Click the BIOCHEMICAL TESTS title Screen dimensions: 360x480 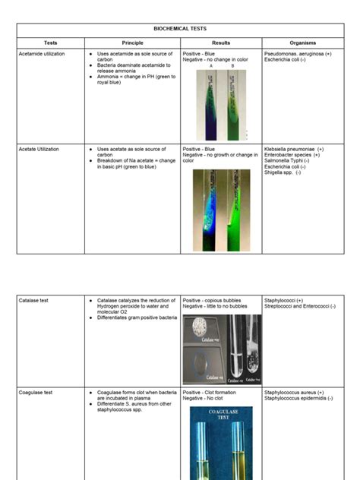[x=180, y=28]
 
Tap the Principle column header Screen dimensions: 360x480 [x=132, y=43]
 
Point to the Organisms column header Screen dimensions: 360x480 [x=303, y=43]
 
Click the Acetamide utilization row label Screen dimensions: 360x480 [x=42, y=55]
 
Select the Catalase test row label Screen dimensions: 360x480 [x=34, y=301]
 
